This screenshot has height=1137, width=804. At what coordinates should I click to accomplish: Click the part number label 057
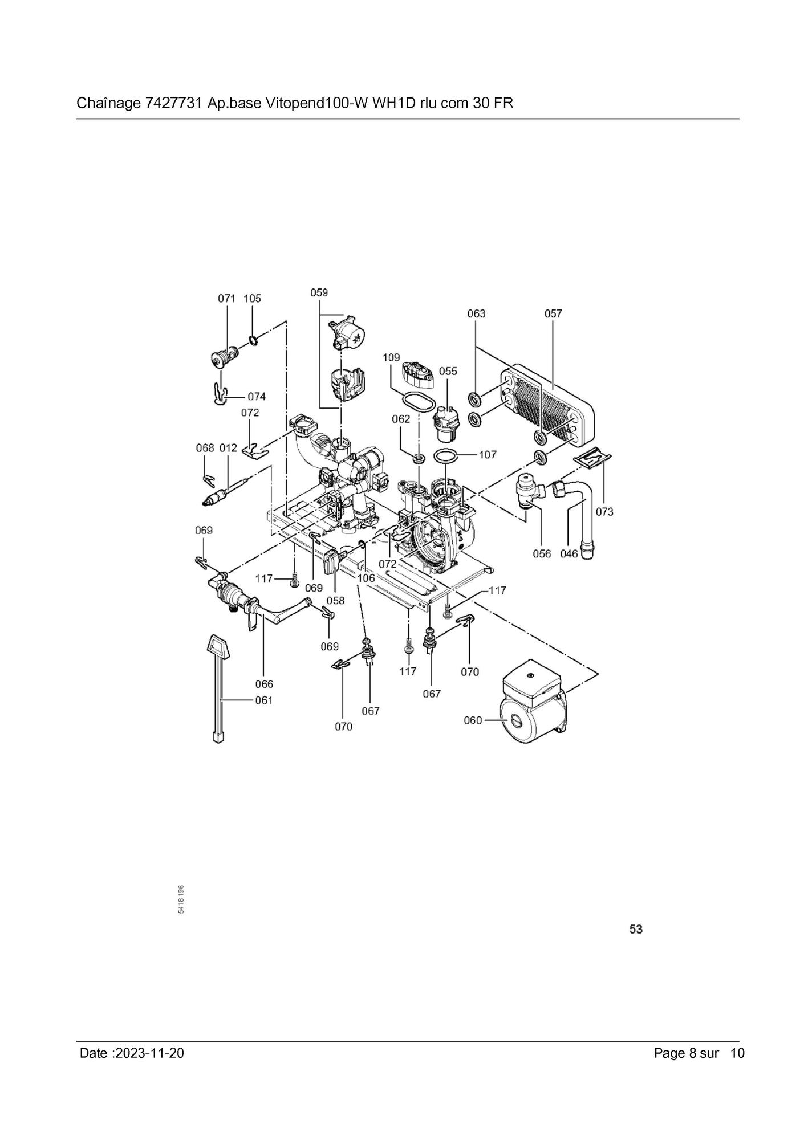[x=553, y=313]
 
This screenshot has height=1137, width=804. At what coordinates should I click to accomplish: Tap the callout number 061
[x=264, y=700]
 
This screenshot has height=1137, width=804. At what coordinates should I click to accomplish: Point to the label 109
[x=391, y=357]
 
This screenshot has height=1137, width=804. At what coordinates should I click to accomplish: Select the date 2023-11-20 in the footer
[x=149, y=1053]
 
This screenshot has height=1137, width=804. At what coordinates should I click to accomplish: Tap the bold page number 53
[x=636, y=929]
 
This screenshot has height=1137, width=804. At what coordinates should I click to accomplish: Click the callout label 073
[x=604, y=512]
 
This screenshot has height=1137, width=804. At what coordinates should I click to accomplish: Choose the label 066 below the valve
[x=264, y=684]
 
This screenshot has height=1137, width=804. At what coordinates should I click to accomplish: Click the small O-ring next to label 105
[x=253, y=341]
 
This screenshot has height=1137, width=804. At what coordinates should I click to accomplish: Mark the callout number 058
[x=335, y=601]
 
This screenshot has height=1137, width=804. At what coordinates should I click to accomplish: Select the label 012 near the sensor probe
[x=228, y=448]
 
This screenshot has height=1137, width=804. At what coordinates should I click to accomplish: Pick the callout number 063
[x=476, y=313]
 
